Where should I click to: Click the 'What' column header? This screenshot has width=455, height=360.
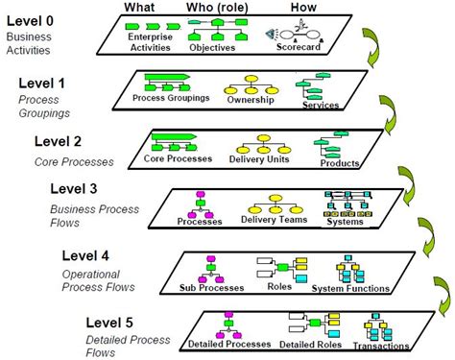pyautogui.click(x=141, y=9)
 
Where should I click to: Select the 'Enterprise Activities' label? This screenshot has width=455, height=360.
pyautogui.click(x=143, y=40)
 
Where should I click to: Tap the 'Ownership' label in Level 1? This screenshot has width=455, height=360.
pyautogui.click(x=251, y=99)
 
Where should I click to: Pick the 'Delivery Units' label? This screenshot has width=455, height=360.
pyautogui.click(x=260, y=158)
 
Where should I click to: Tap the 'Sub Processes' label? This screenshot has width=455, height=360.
pyautogui.click(x=209, y=286)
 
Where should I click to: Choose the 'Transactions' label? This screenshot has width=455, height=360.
pyautogui.click(x=381, y=348)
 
